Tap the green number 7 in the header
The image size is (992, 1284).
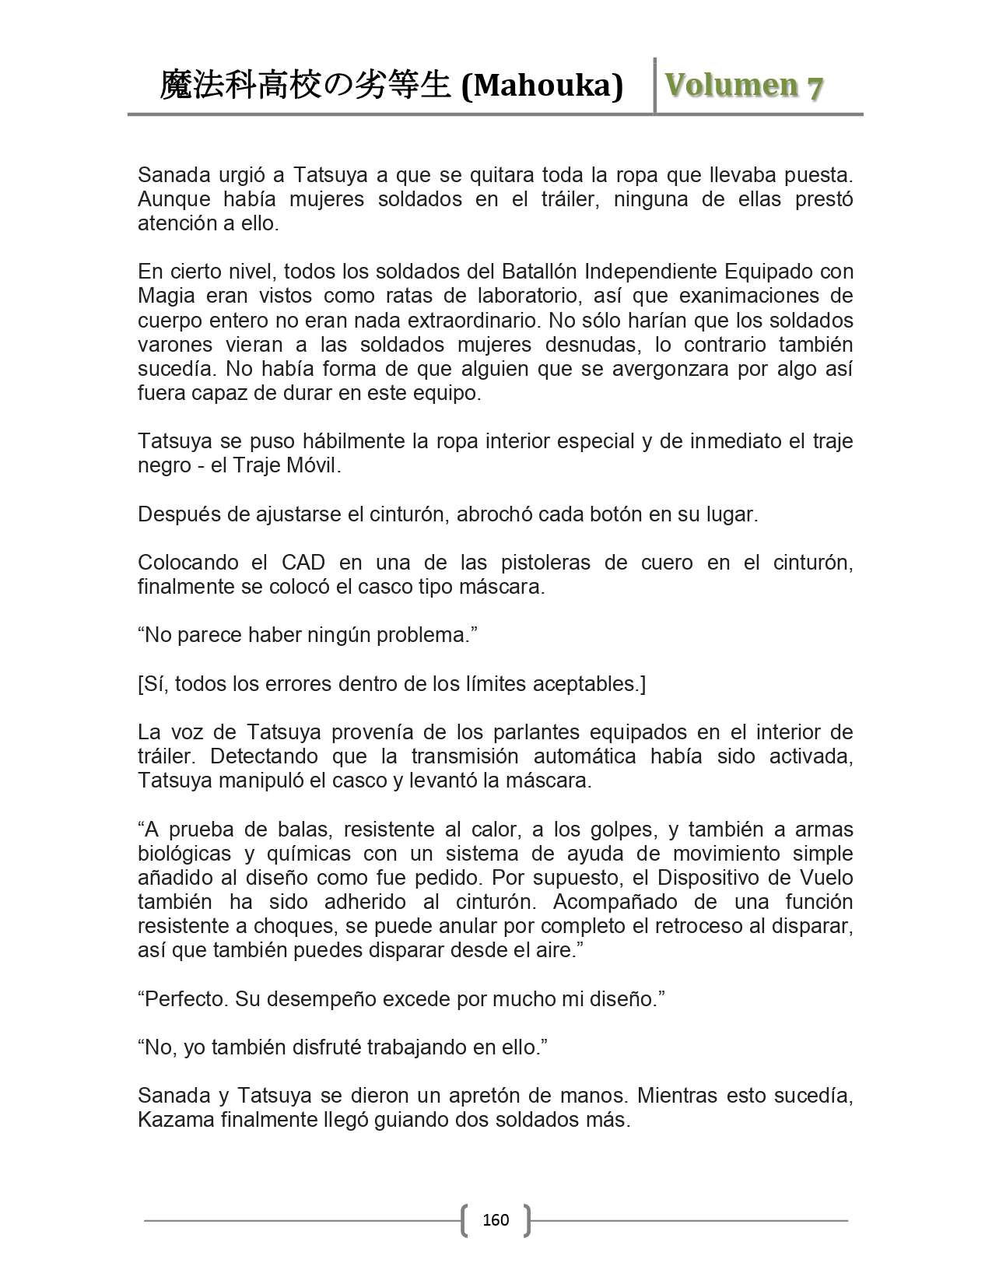click(x=815, y=87)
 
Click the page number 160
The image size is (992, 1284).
click(x=496, y=1219)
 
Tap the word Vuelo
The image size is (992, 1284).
click(x=826, y=878)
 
